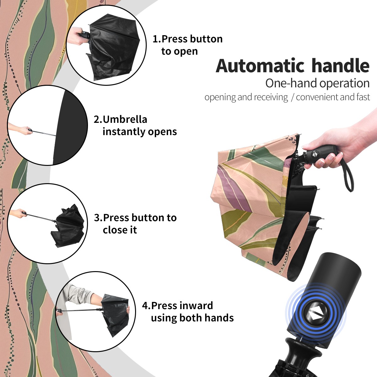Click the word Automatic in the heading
pyautogui.click(x=260, y=66)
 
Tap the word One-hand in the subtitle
pyautogui.click(x=291, y=83)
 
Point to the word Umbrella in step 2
pyautogui.click(x=125, y=119)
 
